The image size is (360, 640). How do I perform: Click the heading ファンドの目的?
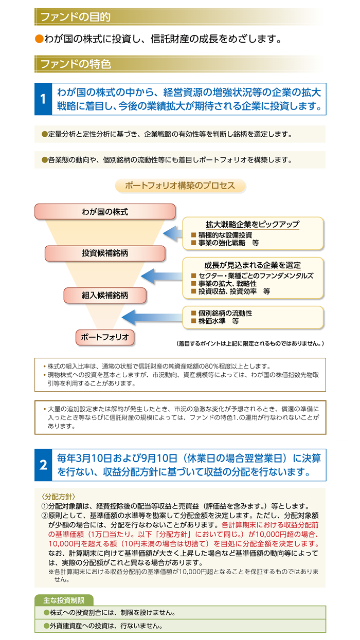[76, 17]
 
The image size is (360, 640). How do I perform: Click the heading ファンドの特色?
[76, 64]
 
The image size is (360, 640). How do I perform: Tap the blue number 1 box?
[43, 99]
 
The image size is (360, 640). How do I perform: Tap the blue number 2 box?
[43, 465]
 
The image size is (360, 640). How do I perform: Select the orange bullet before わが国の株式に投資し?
[39, 39]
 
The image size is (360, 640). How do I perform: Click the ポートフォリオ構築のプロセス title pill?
[180, 186]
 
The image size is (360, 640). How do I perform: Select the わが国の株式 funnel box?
[105, 212]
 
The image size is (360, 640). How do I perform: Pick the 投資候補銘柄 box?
[105, 253]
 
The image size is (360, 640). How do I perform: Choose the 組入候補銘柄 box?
[105, 295]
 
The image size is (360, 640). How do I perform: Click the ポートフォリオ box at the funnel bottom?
[105, 337]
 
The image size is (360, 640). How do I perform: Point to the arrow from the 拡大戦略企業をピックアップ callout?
[173, 234]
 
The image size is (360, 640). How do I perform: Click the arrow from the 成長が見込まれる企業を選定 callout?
[162, 276]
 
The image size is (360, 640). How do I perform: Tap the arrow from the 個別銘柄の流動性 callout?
[152, 317]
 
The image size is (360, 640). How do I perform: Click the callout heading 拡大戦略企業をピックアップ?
[253, 225]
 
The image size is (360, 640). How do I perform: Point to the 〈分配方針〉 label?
[58, 497]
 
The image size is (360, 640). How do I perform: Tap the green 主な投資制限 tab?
[64, 600]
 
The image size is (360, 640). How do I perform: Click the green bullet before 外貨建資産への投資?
[46, 626]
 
